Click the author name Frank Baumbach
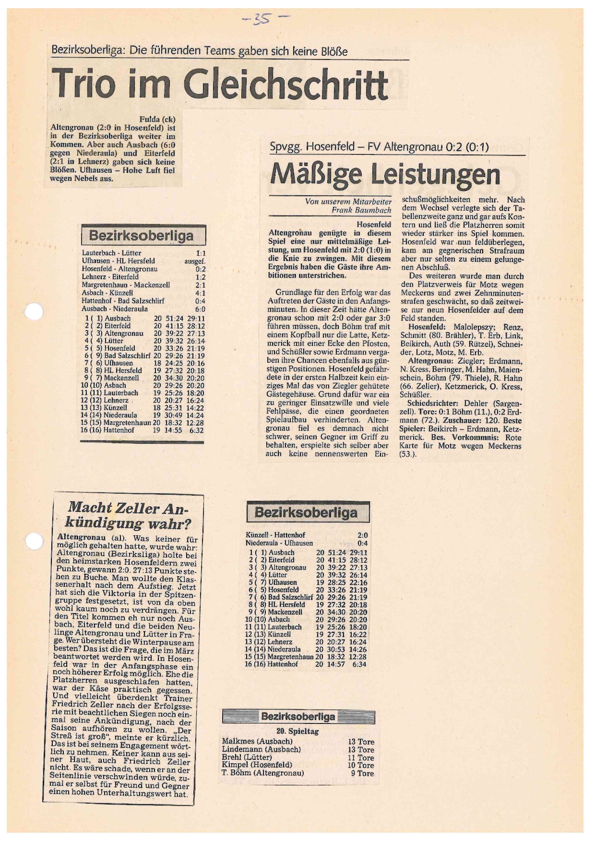coord(361,210)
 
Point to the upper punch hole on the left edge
coord(34,312)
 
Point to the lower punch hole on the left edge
coord(34,541)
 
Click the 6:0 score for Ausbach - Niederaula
coord(200,309)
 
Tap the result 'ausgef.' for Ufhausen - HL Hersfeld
coord(195,261)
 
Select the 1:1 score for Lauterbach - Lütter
coord(201,253)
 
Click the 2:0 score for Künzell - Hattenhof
coord(363,535)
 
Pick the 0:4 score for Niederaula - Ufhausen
coord(363,543)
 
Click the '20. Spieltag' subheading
coord(297,731)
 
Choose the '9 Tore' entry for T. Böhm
coord(362,773)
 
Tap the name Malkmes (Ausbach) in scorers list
coord(257,741)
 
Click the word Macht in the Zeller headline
coord(90,507)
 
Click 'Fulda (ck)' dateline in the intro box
coord(157,119)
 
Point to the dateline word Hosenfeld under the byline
coord(374,224)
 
